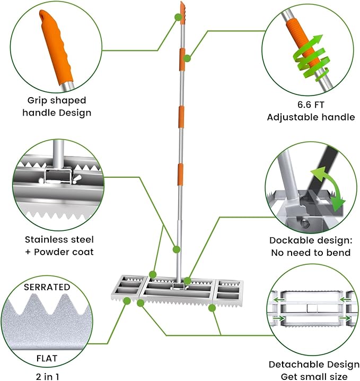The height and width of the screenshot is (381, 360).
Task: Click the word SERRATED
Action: click(47, 287)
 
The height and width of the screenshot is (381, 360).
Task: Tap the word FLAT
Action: click(47, 358)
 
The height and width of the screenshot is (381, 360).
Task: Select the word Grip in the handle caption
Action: click(38, 100)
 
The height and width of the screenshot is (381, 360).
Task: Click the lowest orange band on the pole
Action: click(180, 174)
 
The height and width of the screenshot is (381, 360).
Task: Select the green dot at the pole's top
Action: click(178, 16)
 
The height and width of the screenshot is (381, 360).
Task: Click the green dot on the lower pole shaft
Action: click(177, 249)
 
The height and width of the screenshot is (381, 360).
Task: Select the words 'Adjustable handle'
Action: click(311, 117)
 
